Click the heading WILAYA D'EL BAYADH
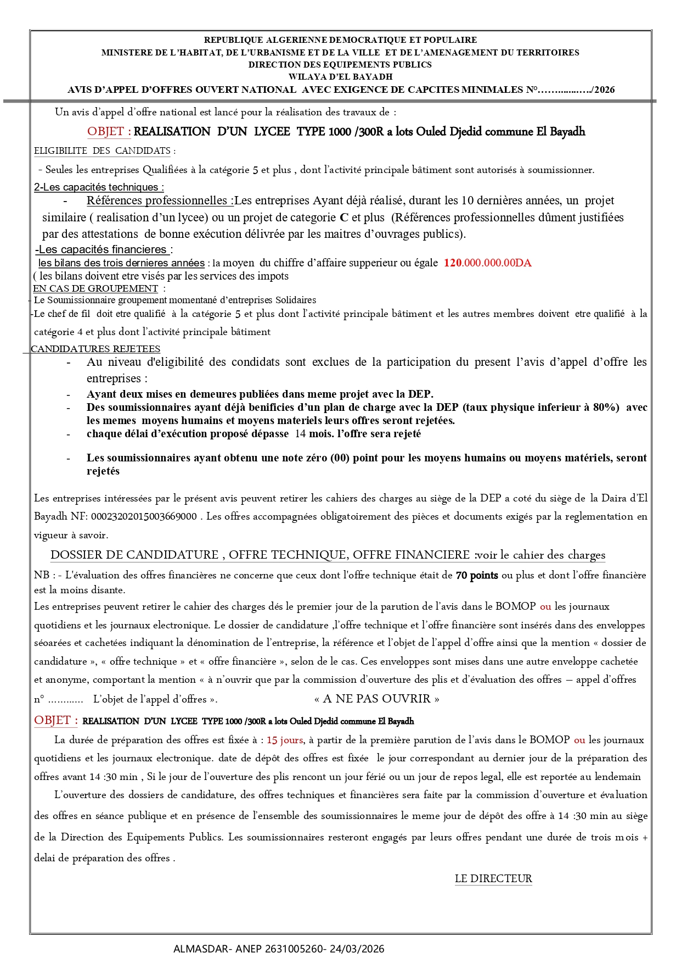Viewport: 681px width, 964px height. point(340,77)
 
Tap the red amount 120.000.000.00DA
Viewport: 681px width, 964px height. point(487,263)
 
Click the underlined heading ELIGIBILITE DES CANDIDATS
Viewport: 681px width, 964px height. point(103,151)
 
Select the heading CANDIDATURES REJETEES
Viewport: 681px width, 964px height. point(95,349)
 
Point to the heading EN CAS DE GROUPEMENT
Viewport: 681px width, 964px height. point(95,288)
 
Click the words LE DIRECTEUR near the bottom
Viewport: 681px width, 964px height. point(493,878)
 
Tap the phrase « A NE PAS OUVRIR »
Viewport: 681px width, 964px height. point(377,699)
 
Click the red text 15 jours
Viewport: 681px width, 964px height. point(285,740)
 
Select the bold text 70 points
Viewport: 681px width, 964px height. point(477,575)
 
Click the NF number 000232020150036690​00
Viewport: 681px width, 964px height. point(144,516)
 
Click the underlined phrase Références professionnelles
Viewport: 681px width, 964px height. point(157,200)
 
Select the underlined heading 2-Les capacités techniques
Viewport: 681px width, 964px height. point(99,187)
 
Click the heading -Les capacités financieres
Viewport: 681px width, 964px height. point(103,249)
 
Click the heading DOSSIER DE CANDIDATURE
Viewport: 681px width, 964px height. point(134,555)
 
